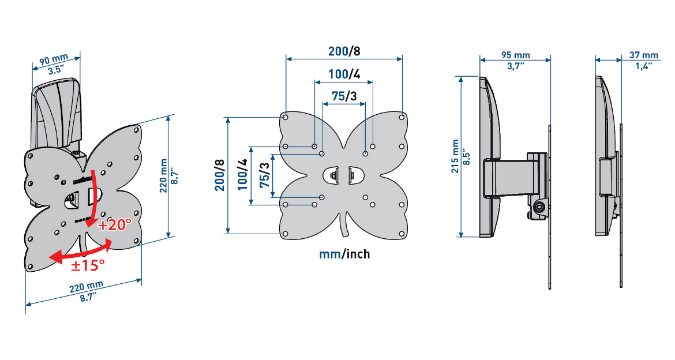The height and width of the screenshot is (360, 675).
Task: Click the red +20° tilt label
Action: click(115, 224)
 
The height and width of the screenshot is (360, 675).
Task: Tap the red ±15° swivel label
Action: click(88, 265)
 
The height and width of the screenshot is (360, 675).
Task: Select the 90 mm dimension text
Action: click(53, 61)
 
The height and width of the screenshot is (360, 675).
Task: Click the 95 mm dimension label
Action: click(516, 55)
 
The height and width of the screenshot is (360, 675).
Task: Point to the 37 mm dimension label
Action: click(643, 55)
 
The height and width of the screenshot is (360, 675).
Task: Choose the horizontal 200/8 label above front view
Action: click(344, 51)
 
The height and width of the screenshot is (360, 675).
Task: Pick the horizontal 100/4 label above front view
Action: click(344, 74)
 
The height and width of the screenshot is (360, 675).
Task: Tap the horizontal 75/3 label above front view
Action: click(344, 96)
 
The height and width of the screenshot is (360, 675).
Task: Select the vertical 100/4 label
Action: click(242, 175)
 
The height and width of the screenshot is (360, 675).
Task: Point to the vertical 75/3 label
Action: click(264, 175)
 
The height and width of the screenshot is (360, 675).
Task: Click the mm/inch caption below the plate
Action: click(344, 254)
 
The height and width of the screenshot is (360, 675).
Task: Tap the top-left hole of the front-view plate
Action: click(286, 117)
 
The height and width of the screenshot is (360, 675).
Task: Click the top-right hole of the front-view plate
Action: click(402, 117)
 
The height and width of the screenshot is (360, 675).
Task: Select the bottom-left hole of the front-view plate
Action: click(286, 234)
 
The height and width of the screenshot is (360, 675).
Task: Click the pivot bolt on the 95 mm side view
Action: click(538, 208)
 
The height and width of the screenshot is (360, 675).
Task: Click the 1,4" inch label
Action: click(643, 66)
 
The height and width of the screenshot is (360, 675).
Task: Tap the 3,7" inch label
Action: click(516, 66)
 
